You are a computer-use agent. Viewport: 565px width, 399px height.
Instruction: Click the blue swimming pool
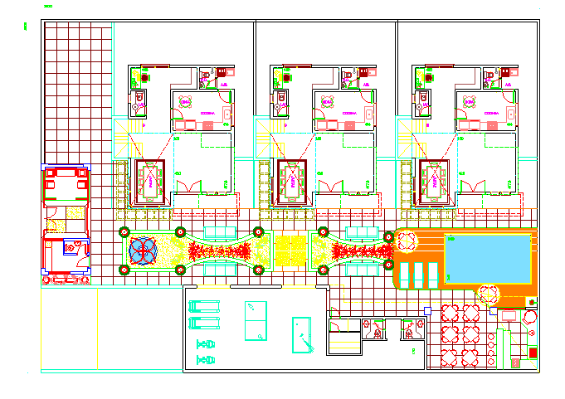488,258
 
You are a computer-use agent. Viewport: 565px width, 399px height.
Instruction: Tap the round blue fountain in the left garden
142,251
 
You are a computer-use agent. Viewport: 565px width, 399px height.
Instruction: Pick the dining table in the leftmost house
151,179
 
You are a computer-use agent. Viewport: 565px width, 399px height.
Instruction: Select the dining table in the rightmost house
434,179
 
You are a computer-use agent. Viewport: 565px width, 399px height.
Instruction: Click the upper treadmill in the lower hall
204,304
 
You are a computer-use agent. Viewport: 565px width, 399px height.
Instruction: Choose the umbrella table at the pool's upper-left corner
407,241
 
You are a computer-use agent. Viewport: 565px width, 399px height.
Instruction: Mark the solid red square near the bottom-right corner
533,353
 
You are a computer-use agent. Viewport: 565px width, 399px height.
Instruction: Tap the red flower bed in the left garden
214,251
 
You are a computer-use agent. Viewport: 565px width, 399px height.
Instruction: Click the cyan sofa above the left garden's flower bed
220,231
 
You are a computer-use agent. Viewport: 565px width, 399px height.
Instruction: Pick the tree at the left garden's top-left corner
124,232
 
